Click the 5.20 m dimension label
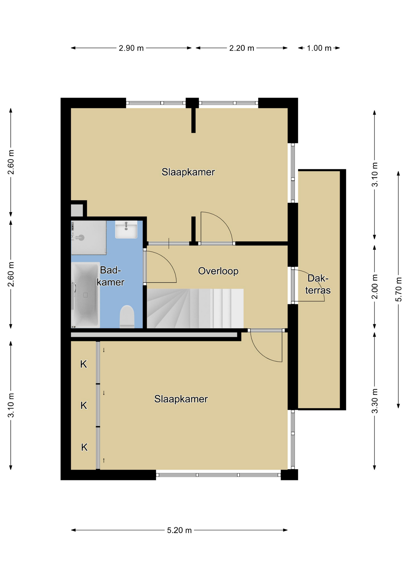click(179, 530)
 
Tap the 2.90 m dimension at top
click(131, 48)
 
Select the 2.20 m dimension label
click(242, 48)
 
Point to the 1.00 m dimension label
click(319, 48)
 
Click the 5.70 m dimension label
click(398, 289)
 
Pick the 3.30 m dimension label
click(375, 401)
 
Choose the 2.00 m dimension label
click(375, 287)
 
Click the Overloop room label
click(218, 271)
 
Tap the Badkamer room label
click(111, 276)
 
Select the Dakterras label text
click(318, 284)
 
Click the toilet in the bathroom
click(127, 317)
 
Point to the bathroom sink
click(126, 229)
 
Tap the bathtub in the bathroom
click(86, 295)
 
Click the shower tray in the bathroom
click(89, 238)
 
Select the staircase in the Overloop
click(195, 309)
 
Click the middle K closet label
click(84, 406)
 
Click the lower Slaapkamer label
click(181, 399)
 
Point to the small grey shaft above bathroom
click(77, 210)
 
